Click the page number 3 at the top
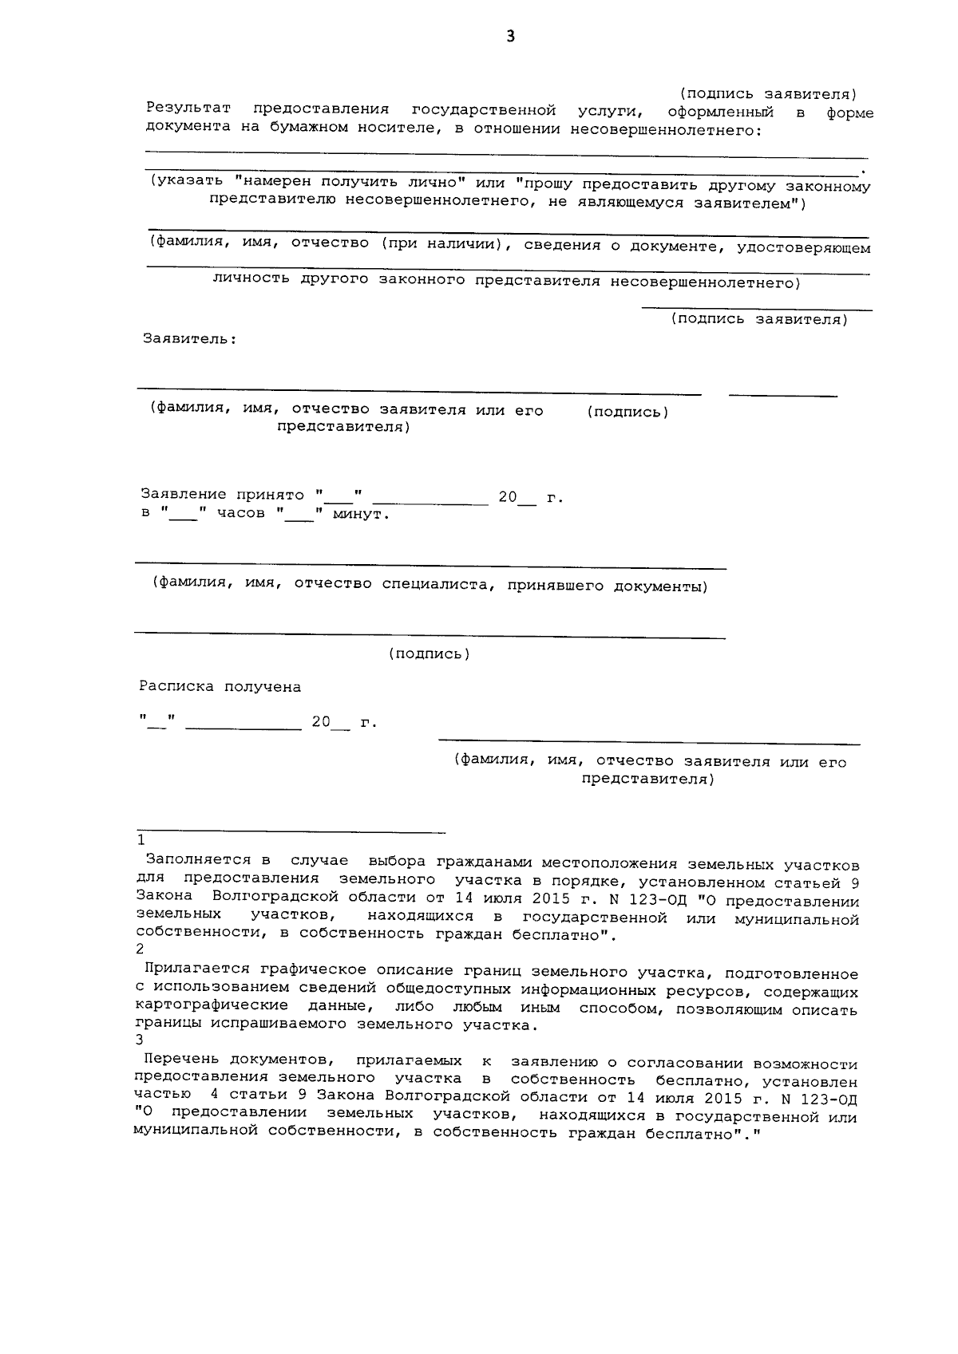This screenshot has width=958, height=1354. click(510, 37)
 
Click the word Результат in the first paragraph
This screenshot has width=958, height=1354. click(188, 109)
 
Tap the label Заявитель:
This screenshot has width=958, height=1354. click(189, 339)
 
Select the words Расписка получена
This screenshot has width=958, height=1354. click(220, 687)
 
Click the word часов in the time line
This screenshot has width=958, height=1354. click(241, 514)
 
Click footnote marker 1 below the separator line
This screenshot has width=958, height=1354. click(141, 841)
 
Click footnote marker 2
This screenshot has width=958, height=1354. click(141, 949)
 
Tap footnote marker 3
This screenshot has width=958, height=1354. click(141, 1040)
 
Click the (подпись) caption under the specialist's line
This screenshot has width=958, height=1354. click(430, 654)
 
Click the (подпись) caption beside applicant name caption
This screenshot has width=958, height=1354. click(627, 413)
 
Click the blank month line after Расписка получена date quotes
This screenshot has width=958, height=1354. click(248, 728)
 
